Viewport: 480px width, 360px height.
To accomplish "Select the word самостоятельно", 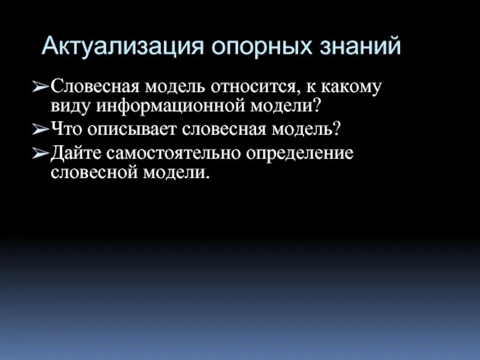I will [173, 152].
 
